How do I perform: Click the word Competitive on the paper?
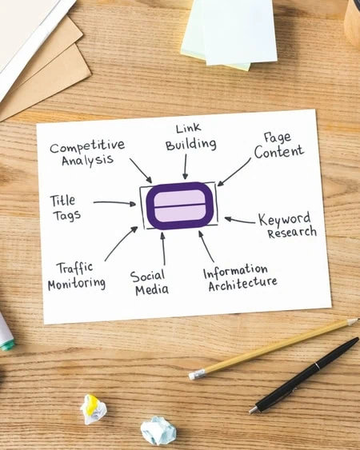pos(87,146)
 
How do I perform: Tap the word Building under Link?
pos(190,145)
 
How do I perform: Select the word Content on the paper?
pos(278,152)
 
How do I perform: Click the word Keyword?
pos(285,219)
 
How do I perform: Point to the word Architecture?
pos(242,285)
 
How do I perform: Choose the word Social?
pos(147,276)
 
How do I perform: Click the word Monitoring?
pos(77,284)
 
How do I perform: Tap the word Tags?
pos(66,216)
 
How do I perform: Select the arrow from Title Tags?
pos(114,203)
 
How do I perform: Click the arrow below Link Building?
pos(186,167)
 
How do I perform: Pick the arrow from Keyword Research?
pos(240,220)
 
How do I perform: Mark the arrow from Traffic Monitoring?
pos(122,244)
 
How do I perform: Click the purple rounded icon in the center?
pos(179,205)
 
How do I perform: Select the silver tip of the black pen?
pos(253,410)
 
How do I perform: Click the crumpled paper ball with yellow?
pos(93,409)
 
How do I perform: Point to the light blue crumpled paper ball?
pos(158,431)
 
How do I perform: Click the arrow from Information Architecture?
pos(206,247)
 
